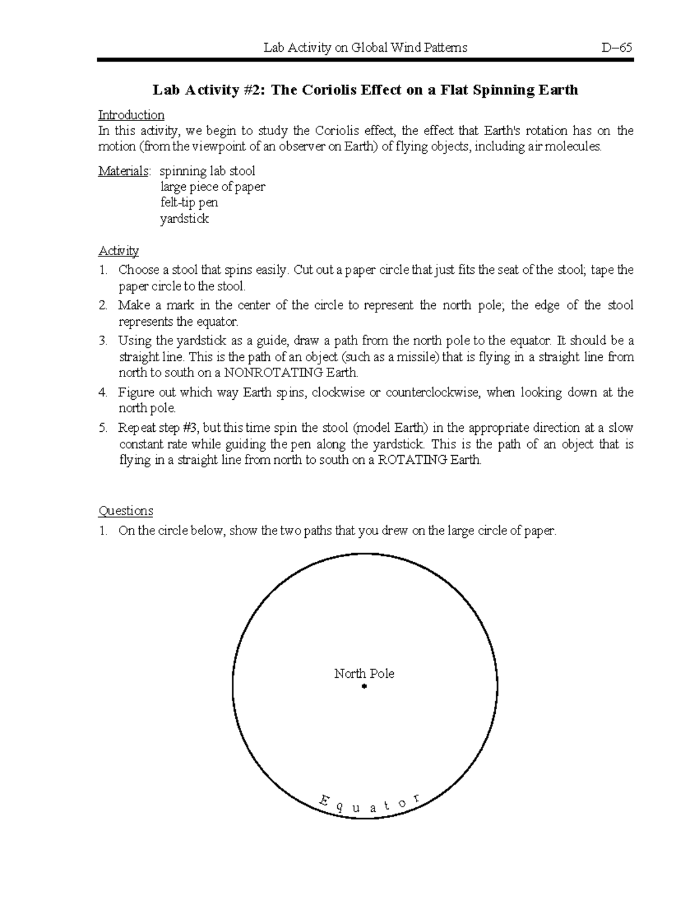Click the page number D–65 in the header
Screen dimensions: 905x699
[x=617, y=48]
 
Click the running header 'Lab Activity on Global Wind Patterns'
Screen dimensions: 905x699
[x=365, y=48]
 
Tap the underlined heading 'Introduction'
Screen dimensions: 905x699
[x=131, y=115]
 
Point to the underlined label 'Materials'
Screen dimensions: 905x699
[x=123, y=171]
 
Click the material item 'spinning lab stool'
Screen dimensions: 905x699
[x=207, y=171]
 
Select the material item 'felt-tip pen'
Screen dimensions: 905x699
[x=189, y=203]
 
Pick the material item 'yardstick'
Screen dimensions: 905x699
[x=185, y=219]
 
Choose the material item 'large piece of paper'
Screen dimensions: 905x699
[x=213, y=187]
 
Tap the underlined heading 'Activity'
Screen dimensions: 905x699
[x=118, y=251]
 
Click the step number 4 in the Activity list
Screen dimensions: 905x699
[x=103, y=393]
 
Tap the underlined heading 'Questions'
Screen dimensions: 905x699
[x=125, y=511]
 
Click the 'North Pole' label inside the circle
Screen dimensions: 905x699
[x=364, y=674]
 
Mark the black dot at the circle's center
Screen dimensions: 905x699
[x=364, y=687]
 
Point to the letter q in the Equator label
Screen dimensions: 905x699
[x=341, y=807]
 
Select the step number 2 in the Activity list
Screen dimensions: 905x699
[x=103, y=305]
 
